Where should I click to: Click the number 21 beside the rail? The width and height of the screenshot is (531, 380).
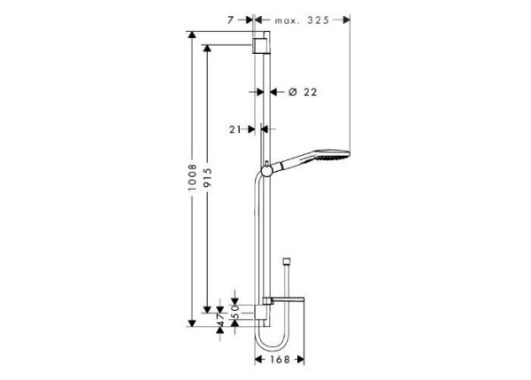tap(235, 129)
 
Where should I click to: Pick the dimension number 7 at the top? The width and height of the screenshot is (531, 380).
tap(229, 18)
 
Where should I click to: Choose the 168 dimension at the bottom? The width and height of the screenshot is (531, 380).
tap(281, 361)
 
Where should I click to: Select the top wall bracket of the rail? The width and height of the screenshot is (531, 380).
tap(260, 45)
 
